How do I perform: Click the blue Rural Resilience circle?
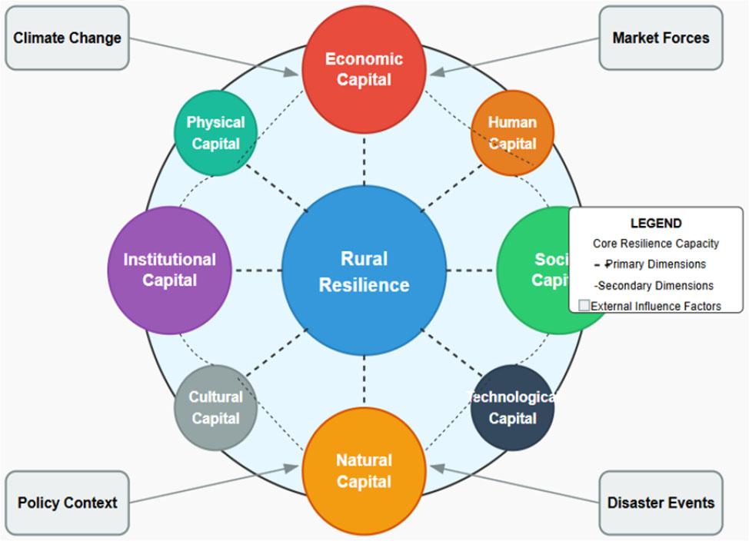[364, 270]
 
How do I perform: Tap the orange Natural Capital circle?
[364, 470]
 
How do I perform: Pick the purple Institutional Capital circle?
[169, 270]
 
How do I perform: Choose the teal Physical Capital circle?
[215, 133]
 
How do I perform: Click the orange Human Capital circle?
[512, 133]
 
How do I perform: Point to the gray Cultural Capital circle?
[215, 407]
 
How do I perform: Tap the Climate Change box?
[67, 38]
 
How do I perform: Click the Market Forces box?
[661, 38]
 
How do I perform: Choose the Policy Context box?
[67, 503]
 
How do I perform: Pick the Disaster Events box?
[661, 503]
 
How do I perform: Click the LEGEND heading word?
[656, 224]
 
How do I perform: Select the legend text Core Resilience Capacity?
[656, 244]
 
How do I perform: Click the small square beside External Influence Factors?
[584, 306]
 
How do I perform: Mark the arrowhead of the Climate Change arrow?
[291, 73]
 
